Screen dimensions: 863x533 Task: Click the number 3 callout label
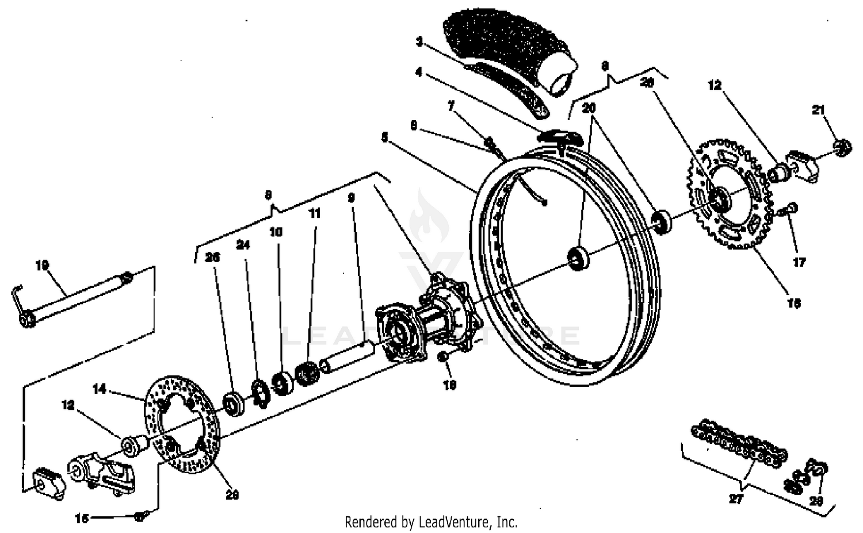[x=419, y=41]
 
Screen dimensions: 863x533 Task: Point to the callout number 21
[x=818, y=109]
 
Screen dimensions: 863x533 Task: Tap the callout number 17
[x=799, y=262]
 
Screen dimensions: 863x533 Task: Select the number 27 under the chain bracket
[x=736, y=499]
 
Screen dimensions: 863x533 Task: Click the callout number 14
[x=100, y=389]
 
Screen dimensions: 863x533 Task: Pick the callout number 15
[x=82, y=518]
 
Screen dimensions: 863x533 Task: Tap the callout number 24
[x=243, y=245]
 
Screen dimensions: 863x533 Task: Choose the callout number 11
[x=314, y=213]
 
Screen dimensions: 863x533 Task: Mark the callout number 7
[x=451, y=106]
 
